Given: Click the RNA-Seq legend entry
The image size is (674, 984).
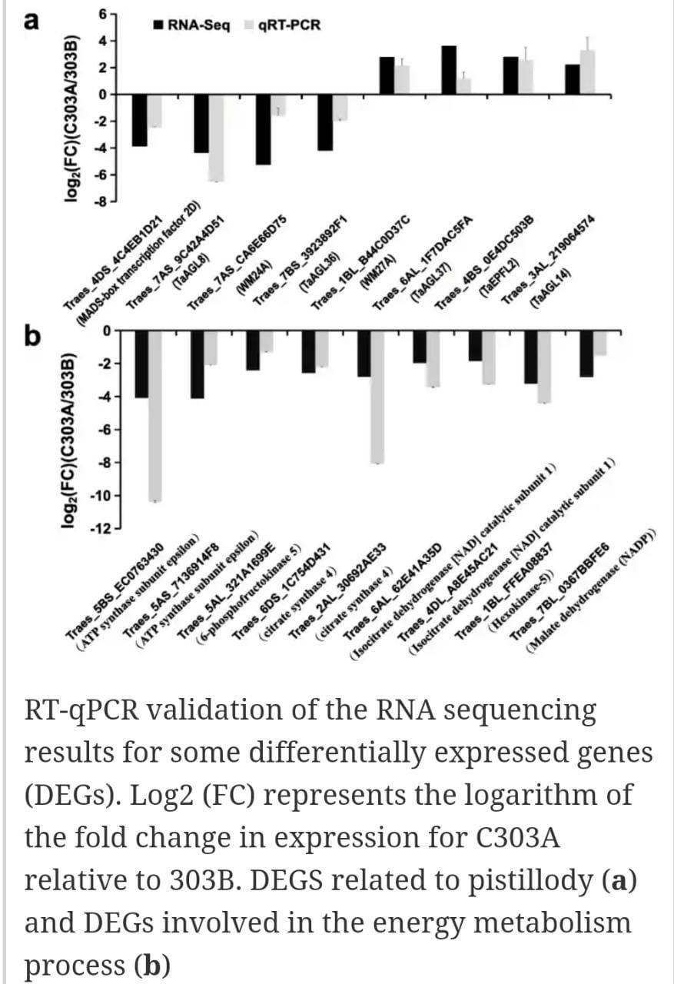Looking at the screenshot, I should [x=191, y=25].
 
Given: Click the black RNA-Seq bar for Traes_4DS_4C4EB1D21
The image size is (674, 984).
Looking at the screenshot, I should [x=139, y=120].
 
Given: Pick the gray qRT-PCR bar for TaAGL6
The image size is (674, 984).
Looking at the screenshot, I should [x=216, y=138].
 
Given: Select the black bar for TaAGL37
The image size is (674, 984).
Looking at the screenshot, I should [x=449, y=70].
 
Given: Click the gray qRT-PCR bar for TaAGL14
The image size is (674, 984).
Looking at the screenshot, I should [x=588, y=72].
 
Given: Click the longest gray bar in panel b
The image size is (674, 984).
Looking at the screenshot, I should [x=154, y=415].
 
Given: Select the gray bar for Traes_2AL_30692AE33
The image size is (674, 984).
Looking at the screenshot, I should [x=377, y=396].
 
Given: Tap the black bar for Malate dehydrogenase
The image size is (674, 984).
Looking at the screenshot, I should [x=586, y=353].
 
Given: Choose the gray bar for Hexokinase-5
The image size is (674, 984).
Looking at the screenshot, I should [x=544, y=366].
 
